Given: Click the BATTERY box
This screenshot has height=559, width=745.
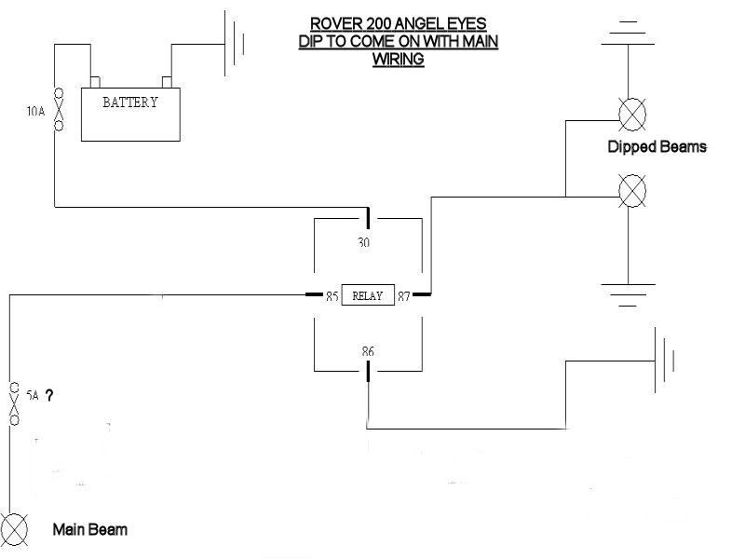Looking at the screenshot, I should (129, 114).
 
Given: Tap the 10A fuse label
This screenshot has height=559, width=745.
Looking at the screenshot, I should (35, 111).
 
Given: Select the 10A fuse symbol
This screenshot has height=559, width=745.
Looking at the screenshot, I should (58, 109).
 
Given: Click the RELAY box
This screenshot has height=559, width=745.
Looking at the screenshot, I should (367, 296).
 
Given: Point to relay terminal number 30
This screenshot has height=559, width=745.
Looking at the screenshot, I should (363, 241).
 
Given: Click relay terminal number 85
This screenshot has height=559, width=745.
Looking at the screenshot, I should (332, 296).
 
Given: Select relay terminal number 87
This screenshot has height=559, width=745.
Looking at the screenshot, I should (404, 296).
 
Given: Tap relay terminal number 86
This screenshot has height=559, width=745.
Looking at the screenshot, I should (368, 352).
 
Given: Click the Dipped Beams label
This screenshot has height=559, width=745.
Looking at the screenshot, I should (657, 147).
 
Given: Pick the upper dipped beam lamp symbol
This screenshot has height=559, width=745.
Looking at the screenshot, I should (633, 114).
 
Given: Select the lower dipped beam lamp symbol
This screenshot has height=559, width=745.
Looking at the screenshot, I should (633, 191).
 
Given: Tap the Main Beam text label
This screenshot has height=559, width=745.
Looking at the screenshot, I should (89, 530).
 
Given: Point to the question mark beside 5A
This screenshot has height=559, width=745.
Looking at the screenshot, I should (48, 396).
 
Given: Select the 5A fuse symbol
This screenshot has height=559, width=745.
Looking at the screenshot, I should (14, 402).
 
